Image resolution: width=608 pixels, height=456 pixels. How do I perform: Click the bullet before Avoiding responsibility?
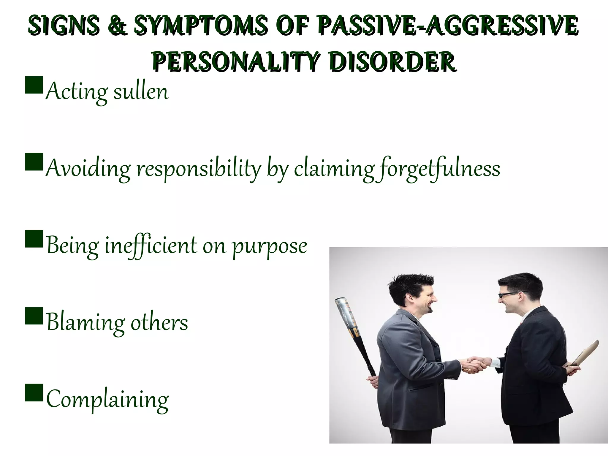click(34, 162)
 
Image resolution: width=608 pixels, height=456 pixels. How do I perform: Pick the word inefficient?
click(151, 246)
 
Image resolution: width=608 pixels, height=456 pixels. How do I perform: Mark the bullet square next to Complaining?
click(34, 392)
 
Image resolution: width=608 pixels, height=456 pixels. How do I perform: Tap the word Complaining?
click(107, 400)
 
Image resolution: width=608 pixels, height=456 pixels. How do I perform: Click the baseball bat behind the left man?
click(352, 330)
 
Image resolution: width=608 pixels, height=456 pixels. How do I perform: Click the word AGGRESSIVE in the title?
click(502, 25)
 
